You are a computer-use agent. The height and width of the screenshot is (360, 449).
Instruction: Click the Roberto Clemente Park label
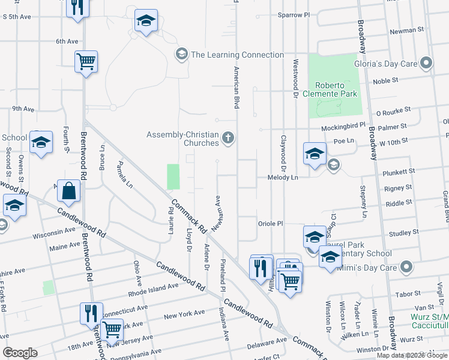(336, 89)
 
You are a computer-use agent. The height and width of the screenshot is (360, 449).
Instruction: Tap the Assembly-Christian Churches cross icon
(228, 139)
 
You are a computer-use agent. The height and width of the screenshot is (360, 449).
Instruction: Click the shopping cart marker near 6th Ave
(86, 61)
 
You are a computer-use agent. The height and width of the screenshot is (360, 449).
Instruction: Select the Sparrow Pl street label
(294, 14)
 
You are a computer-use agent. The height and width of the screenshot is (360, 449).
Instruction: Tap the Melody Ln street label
(286, 178)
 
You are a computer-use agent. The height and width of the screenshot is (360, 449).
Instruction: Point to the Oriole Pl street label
(270, 223)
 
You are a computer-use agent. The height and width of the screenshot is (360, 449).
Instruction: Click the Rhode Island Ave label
(154, 290)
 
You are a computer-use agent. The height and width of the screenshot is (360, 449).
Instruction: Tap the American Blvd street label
(236, 86)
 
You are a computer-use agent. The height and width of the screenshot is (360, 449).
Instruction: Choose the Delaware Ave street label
(267, 343)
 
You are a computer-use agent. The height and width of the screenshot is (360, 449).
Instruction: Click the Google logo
(20, 353)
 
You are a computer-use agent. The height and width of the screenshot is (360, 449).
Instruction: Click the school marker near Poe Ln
(314, 154)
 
